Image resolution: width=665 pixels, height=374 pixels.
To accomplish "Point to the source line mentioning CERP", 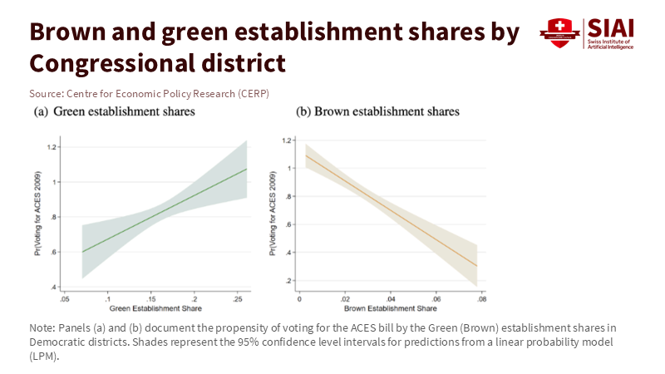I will (149, 92).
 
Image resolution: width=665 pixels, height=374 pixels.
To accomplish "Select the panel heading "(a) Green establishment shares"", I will (114, 111).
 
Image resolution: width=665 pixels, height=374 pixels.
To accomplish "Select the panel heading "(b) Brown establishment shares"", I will (377, 111).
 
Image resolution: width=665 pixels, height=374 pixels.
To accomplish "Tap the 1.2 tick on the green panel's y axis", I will (52, 147).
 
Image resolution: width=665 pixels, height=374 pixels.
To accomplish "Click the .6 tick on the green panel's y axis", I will (54, 252).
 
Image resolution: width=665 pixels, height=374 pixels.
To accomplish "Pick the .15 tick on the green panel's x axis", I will (150, 298).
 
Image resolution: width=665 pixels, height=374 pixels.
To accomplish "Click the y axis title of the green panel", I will (38, 218).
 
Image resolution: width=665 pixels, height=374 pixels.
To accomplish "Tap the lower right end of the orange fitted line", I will (477, 266).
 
